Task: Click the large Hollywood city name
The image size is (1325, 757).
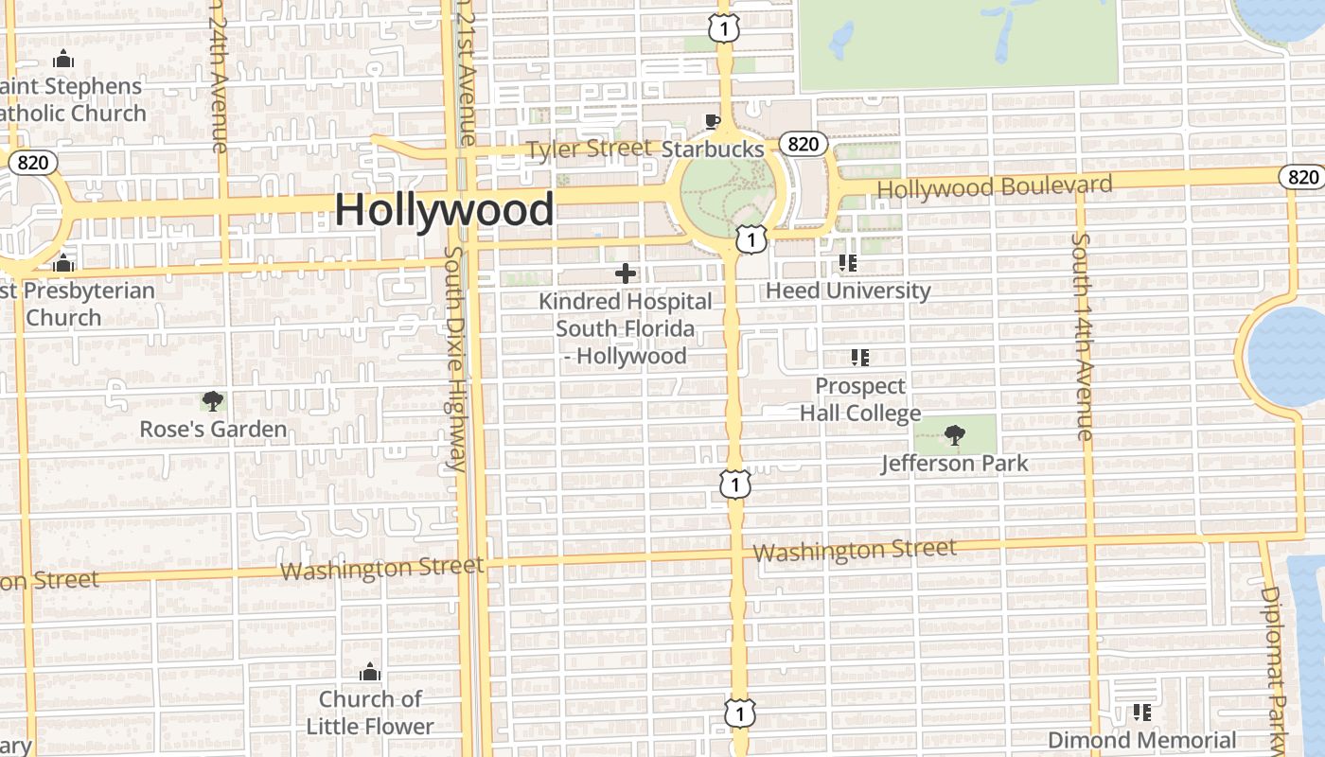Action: tap(444, 209)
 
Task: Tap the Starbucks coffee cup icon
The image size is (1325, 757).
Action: tap(712, 121)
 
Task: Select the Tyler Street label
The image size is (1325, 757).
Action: tap(589, 149)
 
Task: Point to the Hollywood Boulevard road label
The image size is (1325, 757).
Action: tap(994, 186)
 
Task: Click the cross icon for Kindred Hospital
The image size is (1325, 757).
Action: tap(626, 273)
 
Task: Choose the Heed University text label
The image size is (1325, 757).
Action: tap(848, 290)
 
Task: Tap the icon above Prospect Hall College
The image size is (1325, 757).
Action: tap(859, 358)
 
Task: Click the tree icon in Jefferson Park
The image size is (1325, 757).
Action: tap(955, 435)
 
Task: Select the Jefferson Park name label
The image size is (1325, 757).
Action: tap(954, 464)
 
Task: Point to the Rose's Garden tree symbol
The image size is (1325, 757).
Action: tap(213, 401)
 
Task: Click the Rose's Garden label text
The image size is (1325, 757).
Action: tap(213, 430)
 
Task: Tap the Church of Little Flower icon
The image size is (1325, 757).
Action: tap(370, 673)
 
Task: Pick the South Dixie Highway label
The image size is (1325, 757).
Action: tap(455, 360)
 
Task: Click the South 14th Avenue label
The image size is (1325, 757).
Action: tap(1083, 336)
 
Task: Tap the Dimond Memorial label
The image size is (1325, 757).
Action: tap(1141, 740)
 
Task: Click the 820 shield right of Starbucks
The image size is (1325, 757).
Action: tap(804, 144)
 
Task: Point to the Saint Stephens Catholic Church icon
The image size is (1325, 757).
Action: tap(63, 59)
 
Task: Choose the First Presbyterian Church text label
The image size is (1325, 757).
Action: tap(76, 304)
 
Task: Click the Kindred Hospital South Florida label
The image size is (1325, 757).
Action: tap(625, 328)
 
